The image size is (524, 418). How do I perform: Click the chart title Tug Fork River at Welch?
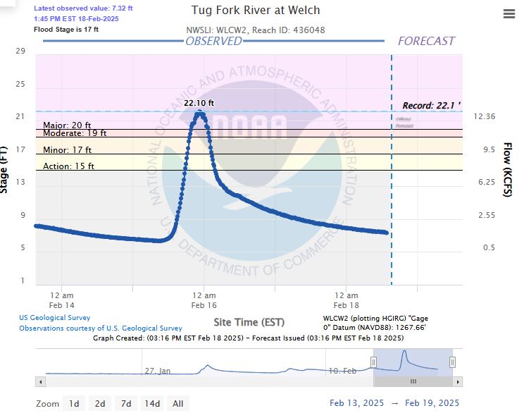[256, 11]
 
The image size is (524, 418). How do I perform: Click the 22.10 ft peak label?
[199, 103]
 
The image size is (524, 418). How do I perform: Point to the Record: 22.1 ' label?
[431, 106]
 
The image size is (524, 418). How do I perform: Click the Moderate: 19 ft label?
[75, 133]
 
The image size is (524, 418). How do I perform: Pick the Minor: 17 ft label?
[67, 150]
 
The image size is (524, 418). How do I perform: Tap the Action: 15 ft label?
[68, 166]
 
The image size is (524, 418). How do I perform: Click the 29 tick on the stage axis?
[20, 51]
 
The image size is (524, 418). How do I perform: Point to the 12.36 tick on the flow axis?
[485, 116]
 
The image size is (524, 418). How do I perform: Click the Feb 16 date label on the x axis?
[204, 305]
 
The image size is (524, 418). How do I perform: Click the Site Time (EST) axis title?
[249, 322]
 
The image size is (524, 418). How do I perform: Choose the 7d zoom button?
[126, 404]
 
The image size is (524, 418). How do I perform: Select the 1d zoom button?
[73, 404]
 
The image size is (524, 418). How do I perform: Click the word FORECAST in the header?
[426, 41]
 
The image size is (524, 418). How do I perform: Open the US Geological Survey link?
[55, 318]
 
